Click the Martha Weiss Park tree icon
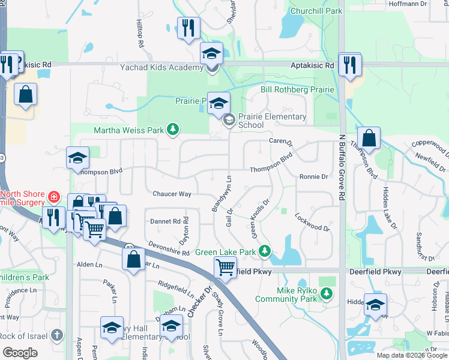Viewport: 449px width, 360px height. click(173, 130)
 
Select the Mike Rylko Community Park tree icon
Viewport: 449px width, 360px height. click(326, 293)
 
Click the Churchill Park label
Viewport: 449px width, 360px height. click(316, 11)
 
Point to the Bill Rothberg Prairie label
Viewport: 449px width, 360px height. click(297, 90)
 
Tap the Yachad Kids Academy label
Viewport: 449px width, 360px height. click(161, 67)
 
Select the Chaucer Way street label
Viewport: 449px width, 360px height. click(172, 194)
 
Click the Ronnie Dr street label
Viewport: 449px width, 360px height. click(313, 177)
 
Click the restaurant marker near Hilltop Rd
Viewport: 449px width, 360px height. click(188, 28)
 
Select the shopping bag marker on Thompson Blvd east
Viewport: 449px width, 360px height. click(369, 138)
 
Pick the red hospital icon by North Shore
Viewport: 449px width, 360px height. click(54, 196)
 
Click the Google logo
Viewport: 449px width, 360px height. click(20, 353)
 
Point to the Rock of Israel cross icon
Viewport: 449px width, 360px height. click(56, 334)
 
